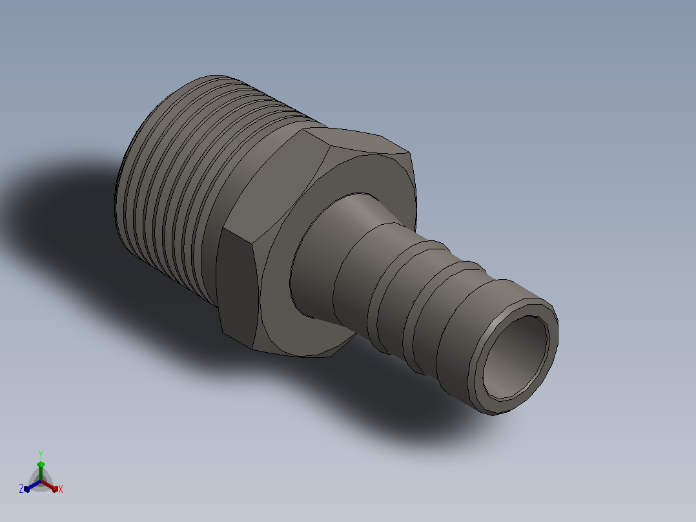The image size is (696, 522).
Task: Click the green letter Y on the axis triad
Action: click(x=41, y=454)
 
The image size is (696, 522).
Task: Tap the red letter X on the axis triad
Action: click(x=61, y=489)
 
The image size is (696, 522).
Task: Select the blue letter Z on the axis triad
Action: click(x=21, y=489)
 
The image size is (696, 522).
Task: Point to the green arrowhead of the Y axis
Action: click(x=41, y=465)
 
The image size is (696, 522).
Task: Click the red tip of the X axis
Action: click(x=54, y=488)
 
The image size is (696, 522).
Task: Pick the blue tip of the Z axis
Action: click(x=27, y=488)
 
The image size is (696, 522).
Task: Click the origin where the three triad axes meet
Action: click(x=41, y=481)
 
